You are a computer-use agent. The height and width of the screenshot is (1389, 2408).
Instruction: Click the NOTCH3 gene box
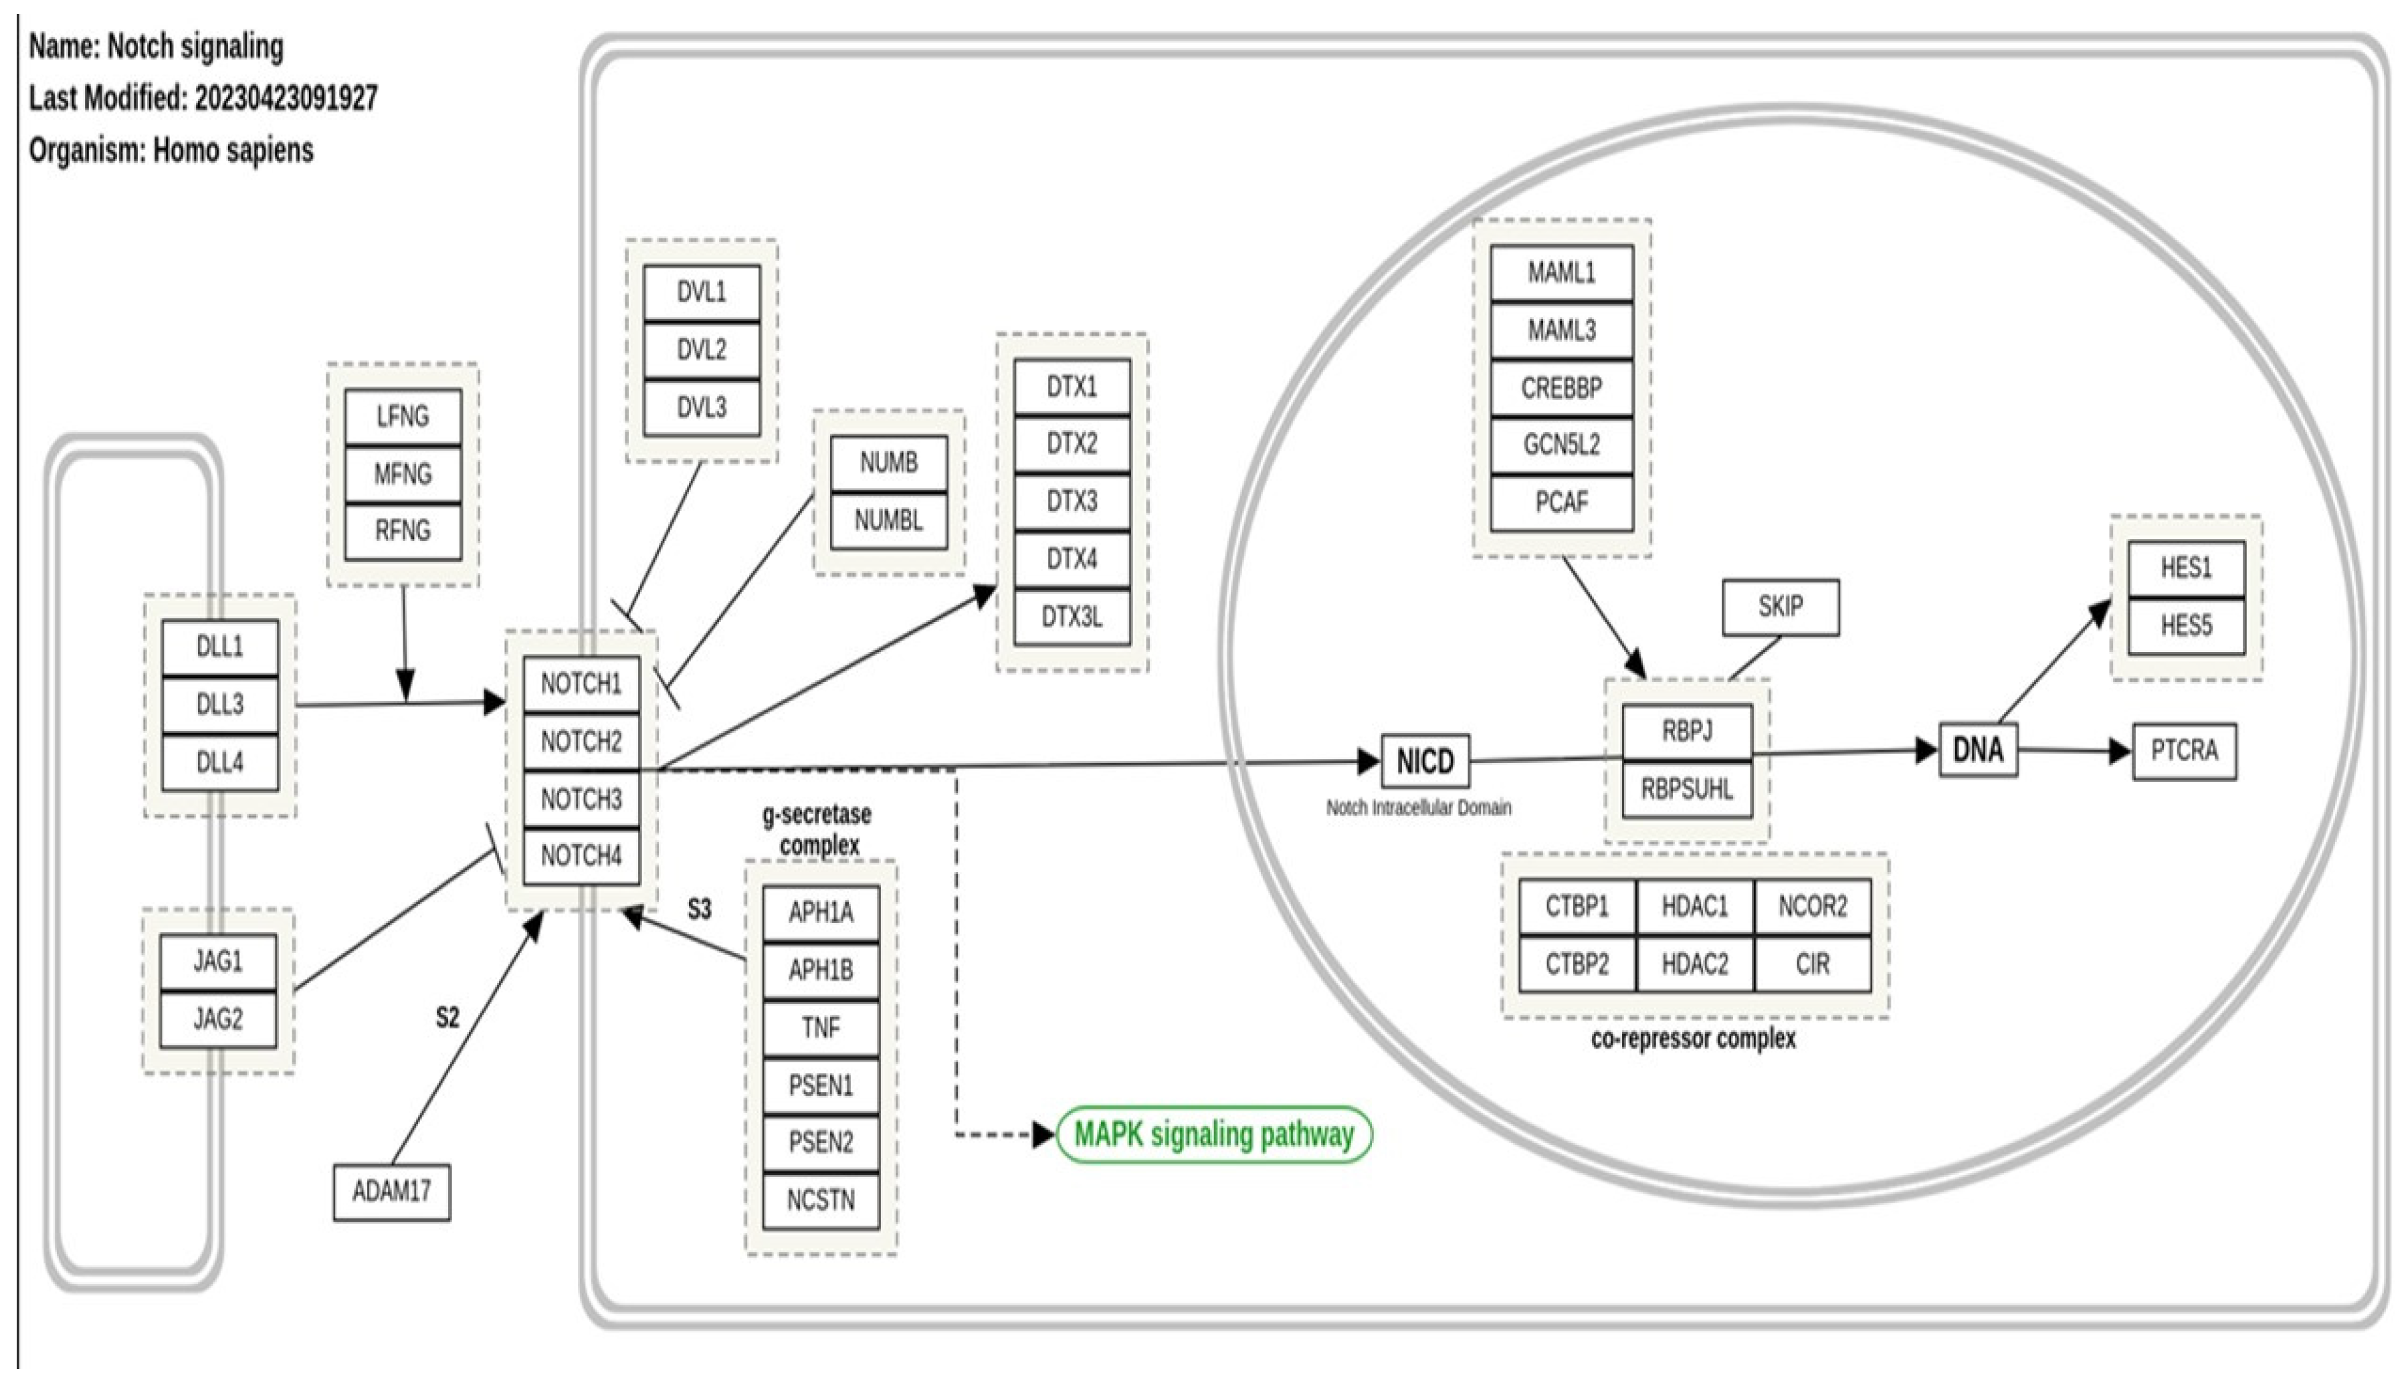click(581, 799)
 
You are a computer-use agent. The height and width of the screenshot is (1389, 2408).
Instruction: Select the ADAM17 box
click(391, 1192)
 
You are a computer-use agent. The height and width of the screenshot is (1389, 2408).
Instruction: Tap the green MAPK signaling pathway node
click(1213, 1134)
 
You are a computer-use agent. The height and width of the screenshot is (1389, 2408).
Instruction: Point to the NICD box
click(1425, 761)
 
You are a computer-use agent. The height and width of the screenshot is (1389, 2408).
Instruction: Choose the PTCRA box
click(2184, 751)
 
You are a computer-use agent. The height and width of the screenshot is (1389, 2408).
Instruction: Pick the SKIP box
click(1780, 607)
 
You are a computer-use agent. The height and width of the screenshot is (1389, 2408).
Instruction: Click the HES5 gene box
click(2186, 626)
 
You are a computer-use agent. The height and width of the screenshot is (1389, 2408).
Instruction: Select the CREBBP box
click(1562, 389)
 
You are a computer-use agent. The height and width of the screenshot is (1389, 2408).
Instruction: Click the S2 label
click(447, 1018)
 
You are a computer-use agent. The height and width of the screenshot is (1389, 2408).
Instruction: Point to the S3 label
click(699, 909)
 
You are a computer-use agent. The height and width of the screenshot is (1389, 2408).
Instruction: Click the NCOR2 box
click(1812, 906)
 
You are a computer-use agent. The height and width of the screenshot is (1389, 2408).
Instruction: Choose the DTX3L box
click(1072, 617)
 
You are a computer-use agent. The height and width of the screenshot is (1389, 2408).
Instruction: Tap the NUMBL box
click(888, 520)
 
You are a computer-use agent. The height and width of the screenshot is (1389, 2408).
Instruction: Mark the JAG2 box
click(219, 1019)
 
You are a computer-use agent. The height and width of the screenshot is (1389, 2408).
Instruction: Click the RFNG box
click(403, 530)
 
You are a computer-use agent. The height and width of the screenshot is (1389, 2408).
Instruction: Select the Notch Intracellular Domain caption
click(1419, 808)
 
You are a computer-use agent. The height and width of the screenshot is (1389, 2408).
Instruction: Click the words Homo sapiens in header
click(233, 150)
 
